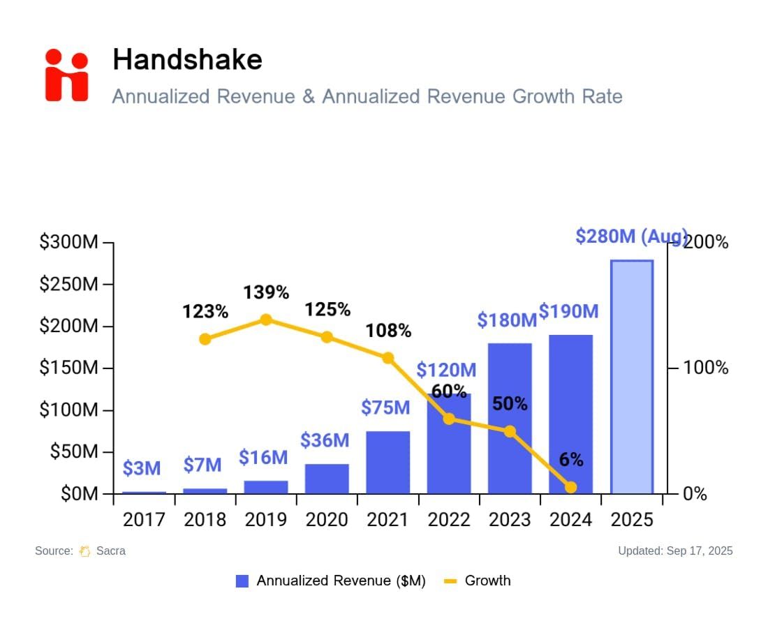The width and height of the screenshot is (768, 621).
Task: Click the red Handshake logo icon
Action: coord(67,75)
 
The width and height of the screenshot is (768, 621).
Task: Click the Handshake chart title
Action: coord(187,59)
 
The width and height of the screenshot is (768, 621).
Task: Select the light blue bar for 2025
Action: coord(632,377)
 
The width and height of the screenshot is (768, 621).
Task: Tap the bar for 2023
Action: coord(510,419)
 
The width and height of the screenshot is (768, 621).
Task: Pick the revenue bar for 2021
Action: coord(388,462)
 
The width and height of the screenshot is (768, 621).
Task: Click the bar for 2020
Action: coord(327,479)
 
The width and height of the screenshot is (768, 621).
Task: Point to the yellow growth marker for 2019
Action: coord(266,320)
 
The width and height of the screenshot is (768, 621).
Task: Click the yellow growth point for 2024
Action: coord(571,487)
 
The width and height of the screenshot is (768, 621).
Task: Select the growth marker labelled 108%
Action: coord(388,358)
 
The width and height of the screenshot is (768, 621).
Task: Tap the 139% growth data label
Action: coord(266,292)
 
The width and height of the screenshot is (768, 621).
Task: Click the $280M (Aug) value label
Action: coord(631,237)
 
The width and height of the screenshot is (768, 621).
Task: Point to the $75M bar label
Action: coord(385,407)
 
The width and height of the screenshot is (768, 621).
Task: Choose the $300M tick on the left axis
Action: coord(69,243)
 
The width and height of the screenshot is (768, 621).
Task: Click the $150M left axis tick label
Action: coord(69,368)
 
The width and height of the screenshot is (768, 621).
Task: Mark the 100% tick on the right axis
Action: coord(705,368)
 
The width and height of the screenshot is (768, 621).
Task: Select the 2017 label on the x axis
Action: coord(144,520)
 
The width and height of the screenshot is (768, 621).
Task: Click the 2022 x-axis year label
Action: coord(449,520)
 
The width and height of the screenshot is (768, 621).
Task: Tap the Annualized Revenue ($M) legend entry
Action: coord(331,581)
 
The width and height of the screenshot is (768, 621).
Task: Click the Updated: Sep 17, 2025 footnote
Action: coord(675,551)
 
